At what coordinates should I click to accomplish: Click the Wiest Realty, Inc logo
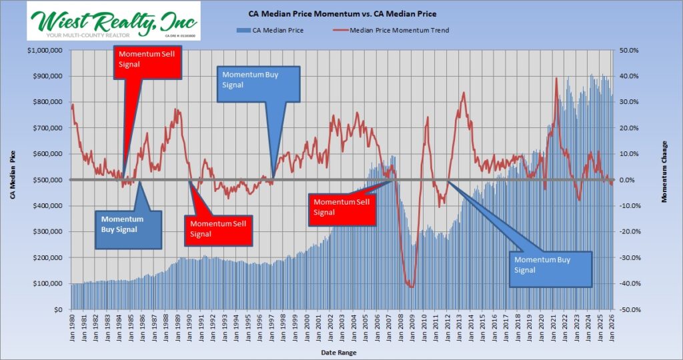pyautogui.click(x=113, y=22)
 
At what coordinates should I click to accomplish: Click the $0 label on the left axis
pyautogui.click(x=60, y=310)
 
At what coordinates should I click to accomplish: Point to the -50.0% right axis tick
pyautogui.click(x=630, y=310)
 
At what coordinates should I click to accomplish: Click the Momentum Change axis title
pyautogui.click(x=665, y=180)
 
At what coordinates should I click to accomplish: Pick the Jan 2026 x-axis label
pyautogui.click(x=612, y=327)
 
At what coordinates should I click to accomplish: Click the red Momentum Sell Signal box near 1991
pyautogui.click(x=219, y=228)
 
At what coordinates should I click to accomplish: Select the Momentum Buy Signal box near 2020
pyautogui.click(x=550, y=269)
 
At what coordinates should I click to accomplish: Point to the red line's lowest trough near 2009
pyautogui.click(x=412, y=287)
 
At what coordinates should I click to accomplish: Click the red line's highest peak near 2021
pyautogui.click(x=556, y=79)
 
